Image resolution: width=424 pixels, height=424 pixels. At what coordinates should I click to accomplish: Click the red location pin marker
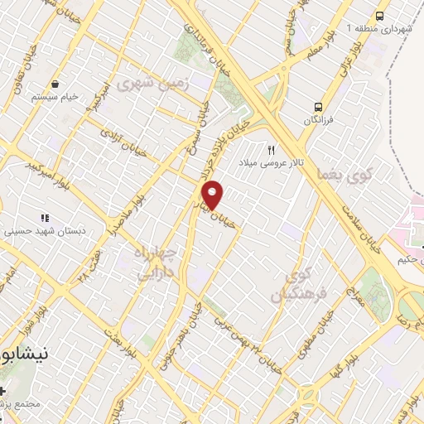coord(214,195)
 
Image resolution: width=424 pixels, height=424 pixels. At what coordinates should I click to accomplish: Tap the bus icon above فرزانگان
coord(318,107)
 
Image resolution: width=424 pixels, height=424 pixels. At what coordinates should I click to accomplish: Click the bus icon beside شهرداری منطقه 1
coord(379,16)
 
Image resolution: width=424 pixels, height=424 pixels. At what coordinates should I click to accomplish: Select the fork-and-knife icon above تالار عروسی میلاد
coord(271,150)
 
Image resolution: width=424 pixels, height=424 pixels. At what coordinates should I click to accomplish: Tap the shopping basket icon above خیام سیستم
coord(55,84)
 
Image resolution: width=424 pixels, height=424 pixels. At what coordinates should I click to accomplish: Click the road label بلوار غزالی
coord(358,60)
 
